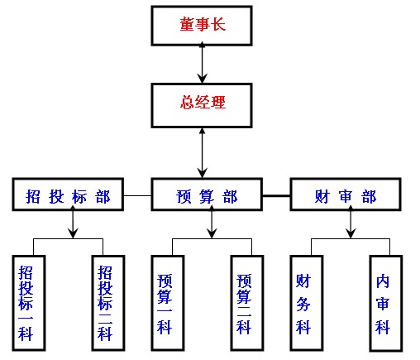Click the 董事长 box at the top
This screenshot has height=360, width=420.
pos(202,26)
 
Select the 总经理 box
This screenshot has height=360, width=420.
pos(202,105)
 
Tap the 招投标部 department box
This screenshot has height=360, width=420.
pos(68,194)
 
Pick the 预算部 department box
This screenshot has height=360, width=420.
pos(207,194)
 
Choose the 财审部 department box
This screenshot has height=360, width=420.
pos(346,194)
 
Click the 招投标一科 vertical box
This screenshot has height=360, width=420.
pos(29,303)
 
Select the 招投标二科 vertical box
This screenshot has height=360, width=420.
pos(108,303)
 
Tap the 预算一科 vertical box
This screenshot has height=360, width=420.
pos(168,303)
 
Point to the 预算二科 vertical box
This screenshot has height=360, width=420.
pos(247,303)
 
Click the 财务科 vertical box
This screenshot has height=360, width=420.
pos(307,303)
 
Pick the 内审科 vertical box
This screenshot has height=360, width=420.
pos(386,303)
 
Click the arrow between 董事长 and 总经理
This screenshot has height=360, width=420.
pos(203,63)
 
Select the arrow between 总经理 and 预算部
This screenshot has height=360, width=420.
pos(203,153)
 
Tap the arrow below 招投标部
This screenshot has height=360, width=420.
pos(73,222)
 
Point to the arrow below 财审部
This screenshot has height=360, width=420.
pos(351,222)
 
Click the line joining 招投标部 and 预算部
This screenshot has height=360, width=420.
pos(137,195)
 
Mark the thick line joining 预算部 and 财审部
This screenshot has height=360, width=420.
pos(276,195)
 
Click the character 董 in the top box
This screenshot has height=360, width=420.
pos(187,24)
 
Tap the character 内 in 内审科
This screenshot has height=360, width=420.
pos(383,281)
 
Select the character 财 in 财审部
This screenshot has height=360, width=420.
pos(322,196)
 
